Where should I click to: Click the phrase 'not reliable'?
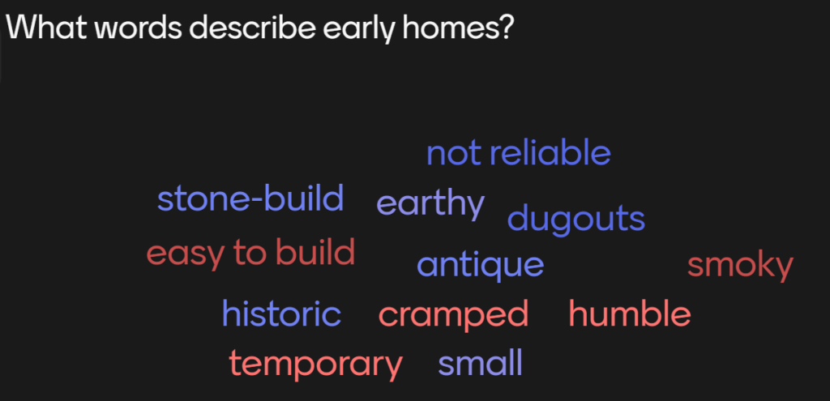click(519, 153)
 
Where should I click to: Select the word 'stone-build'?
click(250, 199)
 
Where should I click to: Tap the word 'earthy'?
click(430, 205)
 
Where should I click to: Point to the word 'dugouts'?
click(576, 218)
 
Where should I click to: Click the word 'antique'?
click(480, 266)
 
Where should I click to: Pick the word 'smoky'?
click(740, 266)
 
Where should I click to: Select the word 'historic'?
click(281, 314)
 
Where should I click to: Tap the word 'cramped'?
click(454, 315)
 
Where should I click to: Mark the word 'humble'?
click(630, 314)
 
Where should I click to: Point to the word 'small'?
click(480, 363)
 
